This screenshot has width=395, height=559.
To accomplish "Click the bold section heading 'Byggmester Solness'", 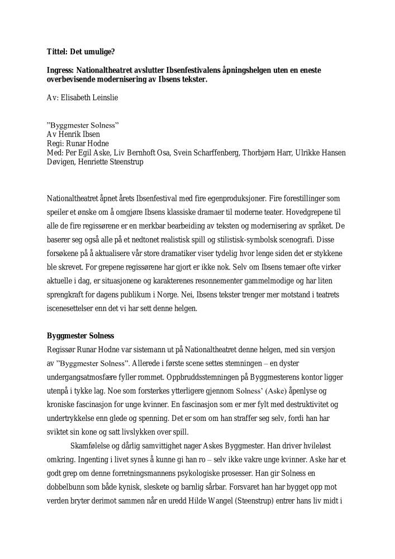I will tap(80, 336).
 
